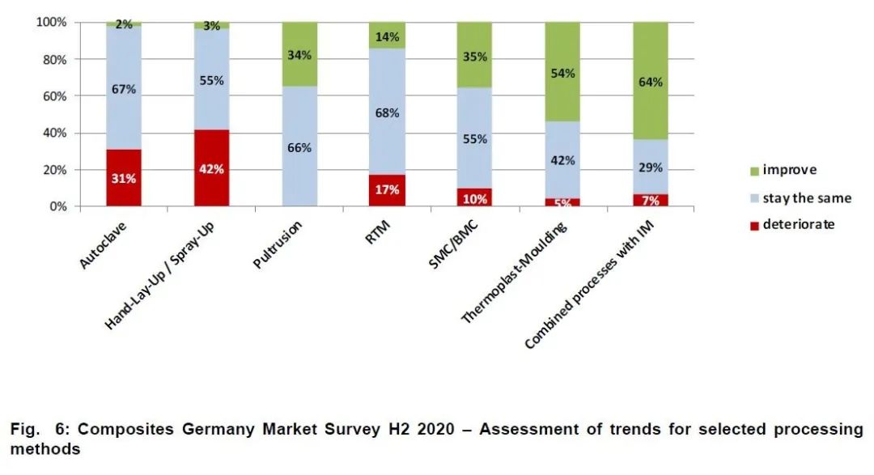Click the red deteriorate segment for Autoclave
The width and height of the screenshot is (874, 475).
point(124,178)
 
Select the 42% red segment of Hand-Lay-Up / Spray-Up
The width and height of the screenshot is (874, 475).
point(211,168)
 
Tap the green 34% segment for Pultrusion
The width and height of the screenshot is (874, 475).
point(299,54)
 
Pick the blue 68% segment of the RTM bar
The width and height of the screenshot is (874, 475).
point(388,112)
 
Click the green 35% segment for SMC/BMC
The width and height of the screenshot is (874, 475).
point(475,56)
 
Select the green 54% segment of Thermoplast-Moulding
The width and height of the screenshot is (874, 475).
point(562,73)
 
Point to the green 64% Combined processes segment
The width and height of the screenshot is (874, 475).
point(651,81)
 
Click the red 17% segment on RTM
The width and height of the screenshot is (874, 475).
point(388,191)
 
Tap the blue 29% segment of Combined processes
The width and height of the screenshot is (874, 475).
point(651,167)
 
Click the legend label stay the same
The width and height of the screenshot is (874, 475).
point(807,197)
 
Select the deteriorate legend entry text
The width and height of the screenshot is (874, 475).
point(798,224)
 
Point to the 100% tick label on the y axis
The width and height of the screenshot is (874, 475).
point(51,22)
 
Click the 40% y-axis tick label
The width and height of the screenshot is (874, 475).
point(54,133)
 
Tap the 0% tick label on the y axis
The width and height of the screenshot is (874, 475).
point(57,206)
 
